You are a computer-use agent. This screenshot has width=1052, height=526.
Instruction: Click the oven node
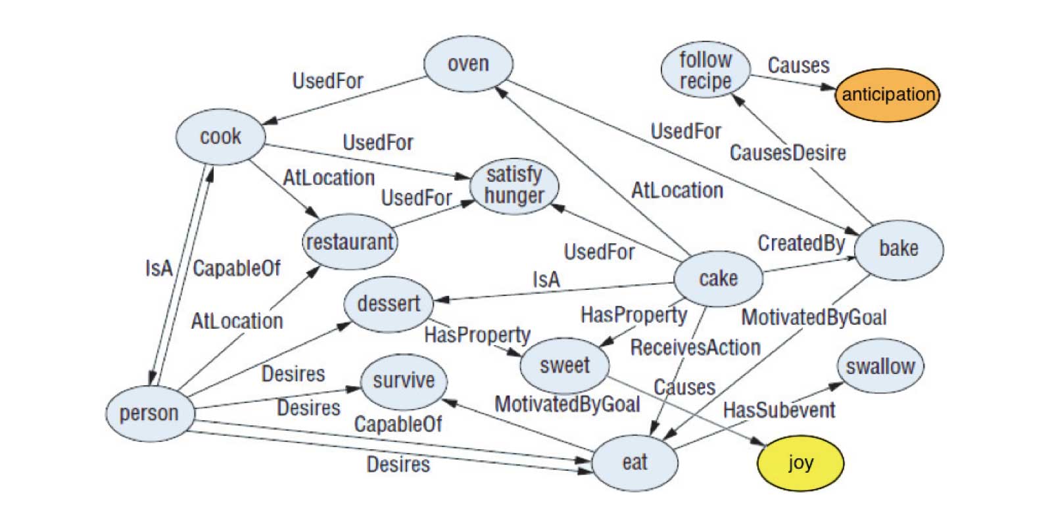click(468, 64)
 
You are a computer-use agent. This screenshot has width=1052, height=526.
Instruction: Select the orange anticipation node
click(888, 94)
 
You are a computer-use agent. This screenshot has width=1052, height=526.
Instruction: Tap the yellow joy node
click(800, 463)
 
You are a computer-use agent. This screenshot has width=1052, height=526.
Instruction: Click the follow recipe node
click(705, 70)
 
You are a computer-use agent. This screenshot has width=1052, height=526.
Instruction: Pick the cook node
click(220, 137)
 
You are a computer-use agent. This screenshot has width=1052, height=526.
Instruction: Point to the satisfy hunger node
click(514, 185)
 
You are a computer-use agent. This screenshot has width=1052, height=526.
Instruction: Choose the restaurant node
click(350, 242)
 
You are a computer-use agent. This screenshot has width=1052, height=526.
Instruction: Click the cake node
click(718, 279)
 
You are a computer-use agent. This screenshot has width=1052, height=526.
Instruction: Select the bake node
click(898, 249)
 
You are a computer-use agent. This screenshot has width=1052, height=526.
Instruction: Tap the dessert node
click(389, 304)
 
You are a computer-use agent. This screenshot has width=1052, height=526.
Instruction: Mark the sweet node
click(564, 365)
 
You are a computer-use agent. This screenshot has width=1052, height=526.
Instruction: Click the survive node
click(404, 381)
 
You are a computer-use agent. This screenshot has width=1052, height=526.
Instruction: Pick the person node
click(149, 414)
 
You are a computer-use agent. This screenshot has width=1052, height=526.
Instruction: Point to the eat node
click(634, 462)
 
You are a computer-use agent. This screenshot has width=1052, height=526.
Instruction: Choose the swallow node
click(880, 366)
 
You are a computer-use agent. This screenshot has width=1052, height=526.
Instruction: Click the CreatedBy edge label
click(801, 243)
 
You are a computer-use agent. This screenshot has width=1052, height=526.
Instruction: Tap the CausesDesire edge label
click(788, 153)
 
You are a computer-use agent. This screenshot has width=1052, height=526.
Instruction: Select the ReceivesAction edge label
click(695, 347)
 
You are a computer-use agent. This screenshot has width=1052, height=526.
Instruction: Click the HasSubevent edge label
click(779, 410)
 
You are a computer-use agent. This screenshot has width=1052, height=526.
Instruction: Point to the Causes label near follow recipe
click(798, 66)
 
